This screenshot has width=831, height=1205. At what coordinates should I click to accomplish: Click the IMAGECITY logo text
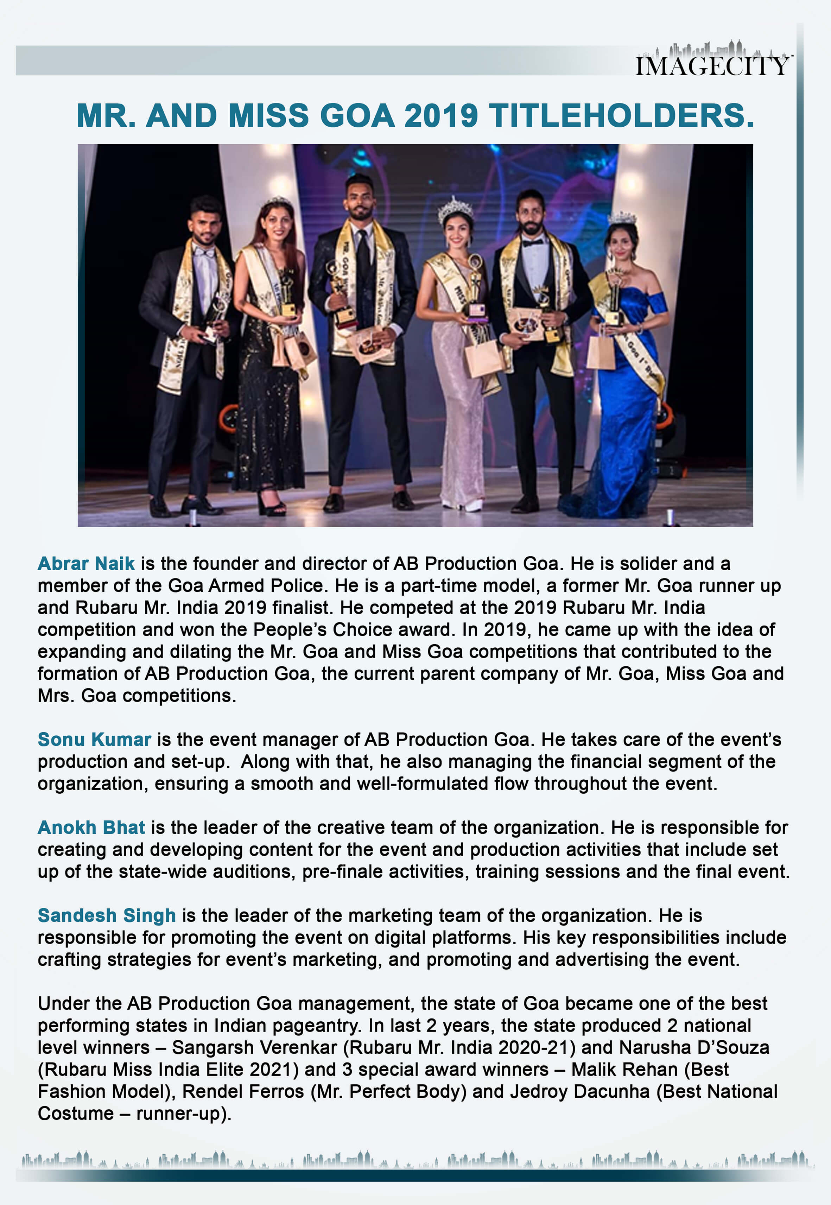pos(712,65)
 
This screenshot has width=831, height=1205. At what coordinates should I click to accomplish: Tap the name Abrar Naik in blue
pos(86,563)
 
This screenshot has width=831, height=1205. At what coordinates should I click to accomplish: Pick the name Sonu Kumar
pos(94,740)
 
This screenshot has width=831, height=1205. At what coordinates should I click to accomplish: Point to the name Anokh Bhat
pos(91,827)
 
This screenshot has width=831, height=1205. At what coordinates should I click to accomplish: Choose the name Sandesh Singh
pos(107,915)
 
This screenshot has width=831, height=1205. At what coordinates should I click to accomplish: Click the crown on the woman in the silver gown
pos(455,210)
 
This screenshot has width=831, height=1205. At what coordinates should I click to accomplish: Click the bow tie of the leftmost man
pos(204,252)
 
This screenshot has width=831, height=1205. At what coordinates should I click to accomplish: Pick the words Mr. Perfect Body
pos(388,1091)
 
